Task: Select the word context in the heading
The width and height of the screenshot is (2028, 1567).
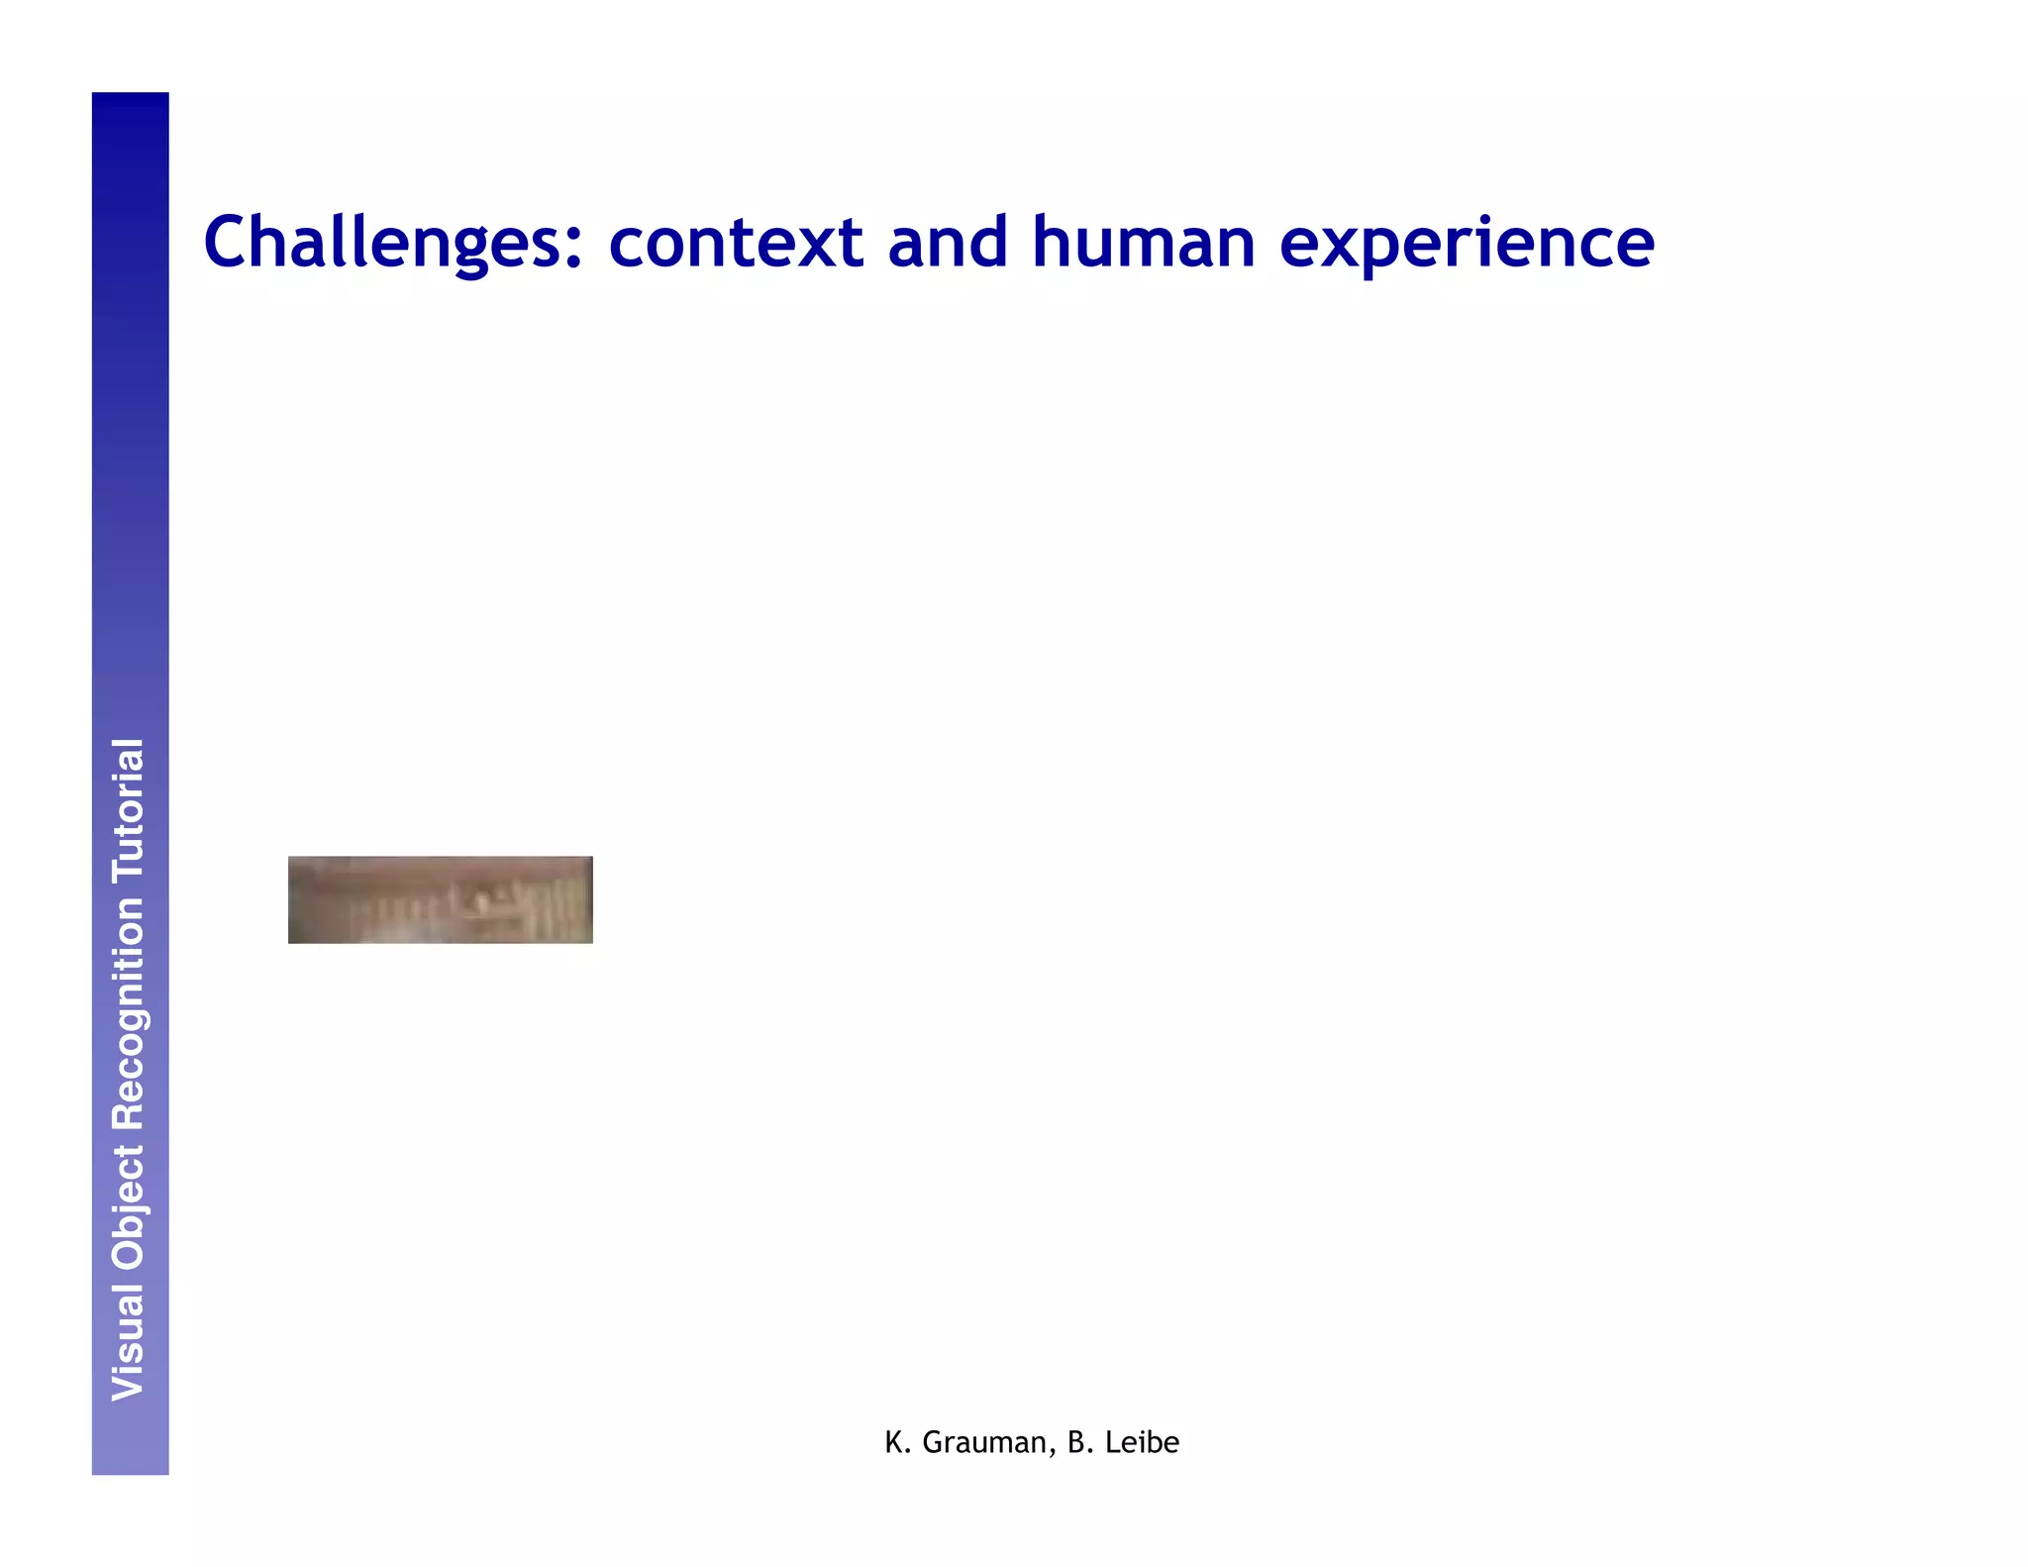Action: click(736, 243)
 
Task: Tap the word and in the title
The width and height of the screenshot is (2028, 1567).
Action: click(948, 243)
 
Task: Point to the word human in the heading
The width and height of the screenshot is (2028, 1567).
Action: click(1144, 243)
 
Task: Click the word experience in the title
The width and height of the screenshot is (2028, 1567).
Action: click(1467, 243)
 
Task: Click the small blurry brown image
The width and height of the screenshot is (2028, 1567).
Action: click(440, 899)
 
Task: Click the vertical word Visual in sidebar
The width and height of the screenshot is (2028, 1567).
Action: click(129, 1342)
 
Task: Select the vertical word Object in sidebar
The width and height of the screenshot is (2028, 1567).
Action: click(129, 1207)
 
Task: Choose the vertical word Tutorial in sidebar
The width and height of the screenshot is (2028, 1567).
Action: click(129, 810)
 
